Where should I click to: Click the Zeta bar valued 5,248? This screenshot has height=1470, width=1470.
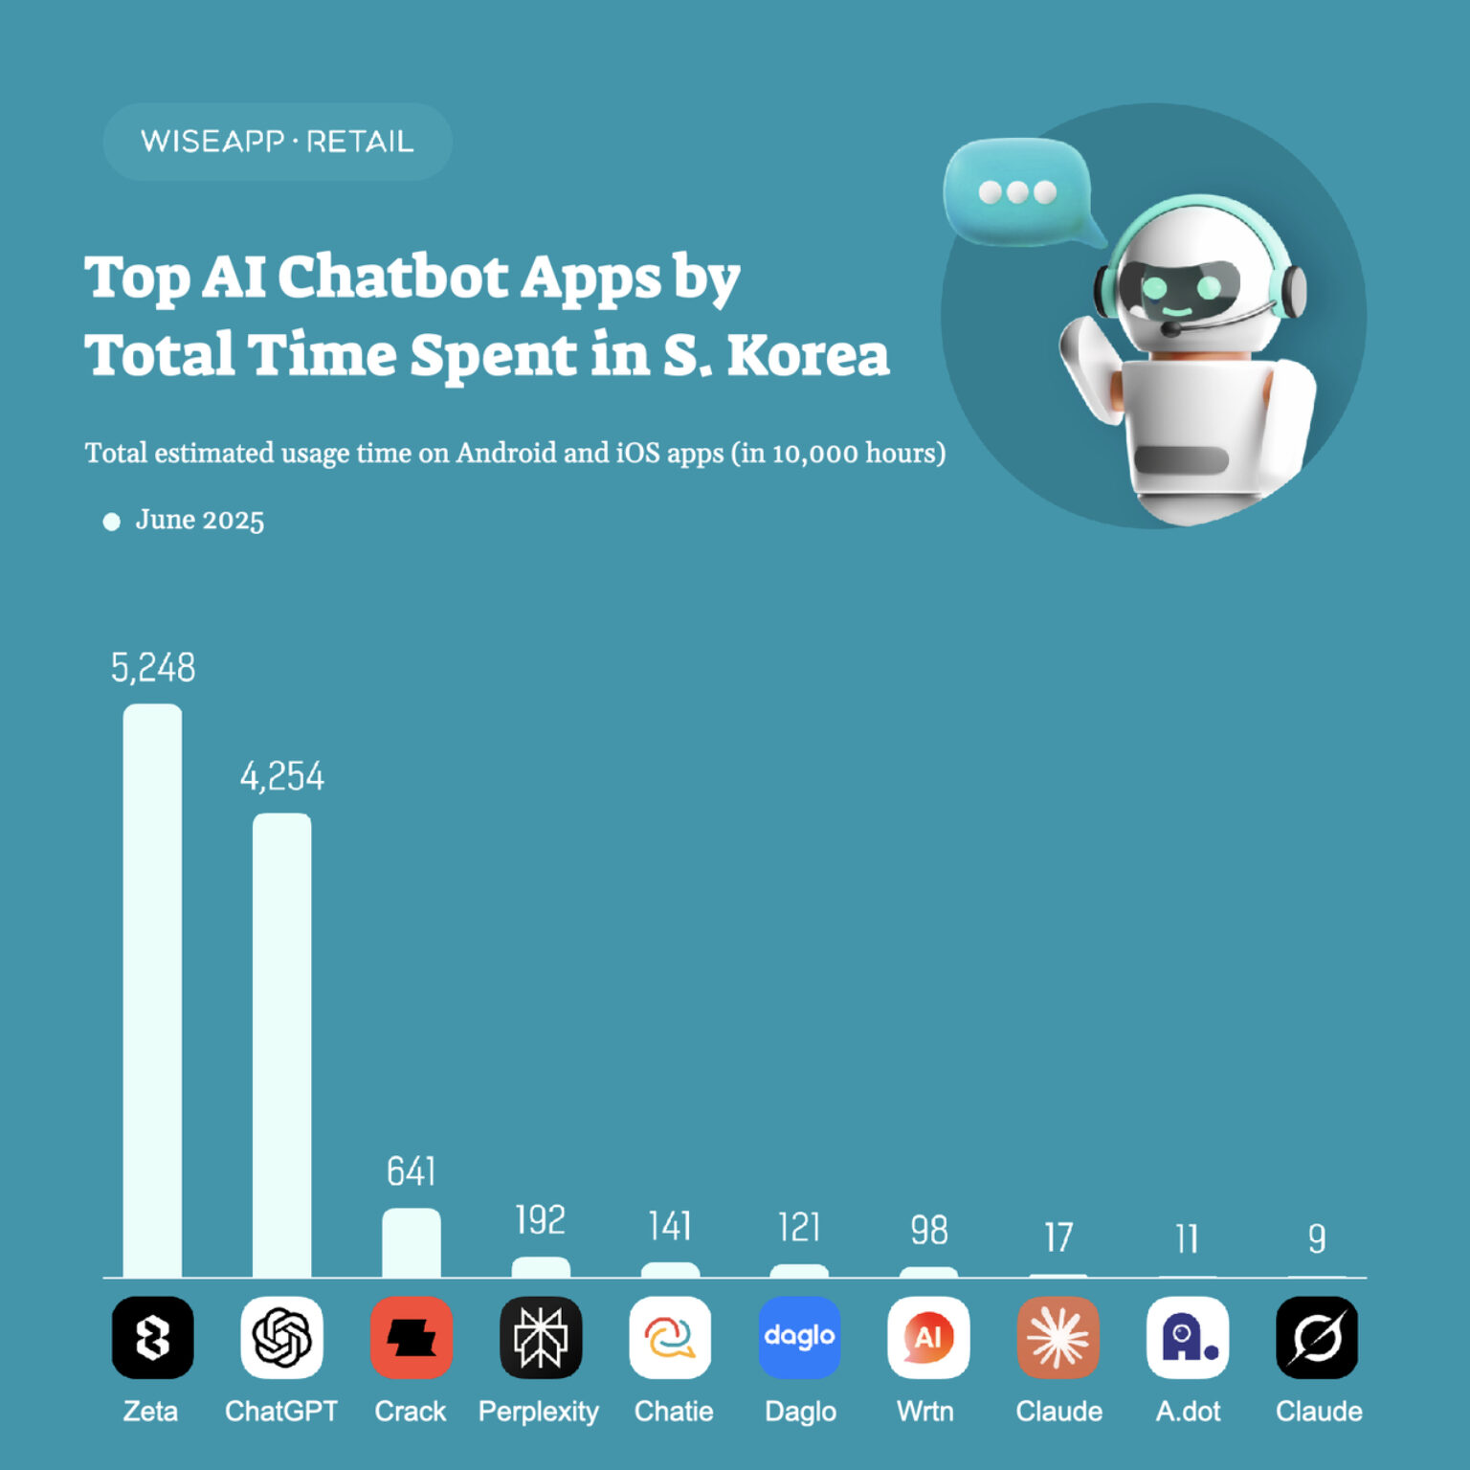point(152,991)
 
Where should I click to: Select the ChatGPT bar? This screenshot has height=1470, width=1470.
point(281,1045)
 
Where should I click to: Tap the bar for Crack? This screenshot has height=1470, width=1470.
point(412,1242)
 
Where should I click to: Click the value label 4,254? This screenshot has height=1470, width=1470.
point(282,776)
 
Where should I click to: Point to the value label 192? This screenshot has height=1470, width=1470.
point(541,1220)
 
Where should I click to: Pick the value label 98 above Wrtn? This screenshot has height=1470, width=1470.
point(929,1231)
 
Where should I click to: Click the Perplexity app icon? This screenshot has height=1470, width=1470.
point(541,1337)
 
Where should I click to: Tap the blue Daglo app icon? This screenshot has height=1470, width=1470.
point(800,1337)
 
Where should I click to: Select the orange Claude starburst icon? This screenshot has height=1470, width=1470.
point(1058,1337)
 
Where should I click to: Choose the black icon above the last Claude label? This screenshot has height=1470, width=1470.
point(1317,1337)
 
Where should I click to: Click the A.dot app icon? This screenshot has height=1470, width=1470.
point(1188,1337)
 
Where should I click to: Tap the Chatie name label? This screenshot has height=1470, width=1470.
point(674,1412)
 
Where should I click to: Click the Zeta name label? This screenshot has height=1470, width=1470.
point(151,1412)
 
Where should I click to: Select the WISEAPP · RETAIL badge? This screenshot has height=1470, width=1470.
point(278,142)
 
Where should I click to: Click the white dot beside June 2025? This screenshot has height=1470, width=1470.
point(112,522)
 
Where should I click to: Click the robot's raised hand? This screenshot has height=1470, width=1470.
point(1089,364)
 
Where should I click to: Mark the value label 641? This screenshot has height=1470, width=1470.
point(412,1171)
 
